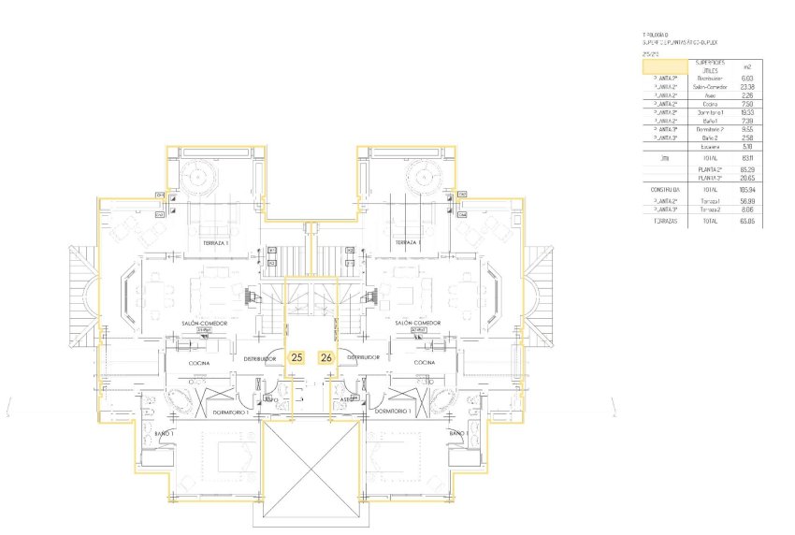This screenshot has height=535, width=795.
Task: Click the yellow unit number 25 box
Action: [x=296, y=357]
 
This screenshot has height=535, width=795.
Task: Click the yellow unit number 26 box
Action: [x=325, y=357]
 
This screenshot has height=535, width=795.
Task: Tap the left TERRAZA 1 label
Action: [x=216, y=242]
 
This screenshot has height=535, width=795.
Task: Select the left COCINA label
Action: [x=198, y=363]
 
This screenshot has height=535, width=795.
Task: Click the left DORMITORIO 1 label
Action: [x=231, y=412]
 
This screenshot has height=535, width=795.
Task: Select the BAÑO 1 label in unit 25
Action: [x=164, y=434]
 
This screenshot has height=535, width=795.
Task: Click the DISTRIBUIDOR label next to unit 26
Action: [x=361, y=357]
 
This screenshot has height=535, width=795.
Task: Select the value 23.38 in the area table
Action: [x=746, y=86]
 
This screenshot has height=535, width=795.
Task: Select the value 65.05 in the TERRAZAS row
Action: [x=746, y=223]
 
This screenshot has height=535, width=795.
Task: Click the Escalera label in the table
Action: [x=709, y=147]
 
